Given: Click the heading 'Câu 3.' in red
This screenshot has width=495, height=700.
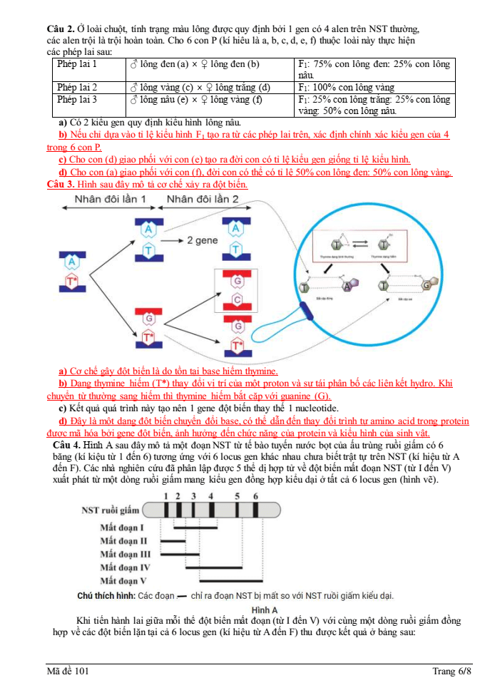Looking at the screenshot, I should [x=61, y=184].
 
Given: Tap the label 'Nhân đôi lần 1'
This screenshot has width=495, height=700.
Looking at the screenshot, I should [x=111, y=199].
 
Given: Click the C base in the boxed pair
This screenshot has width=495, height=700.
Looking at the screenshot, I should [x=238, y=299].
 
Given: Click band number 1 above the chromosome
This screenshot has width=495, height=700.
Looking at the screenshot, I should [x=165, y=496].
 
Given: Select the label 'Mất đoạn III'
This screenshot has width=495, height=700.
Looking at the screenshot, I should [x=125, y=554].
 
